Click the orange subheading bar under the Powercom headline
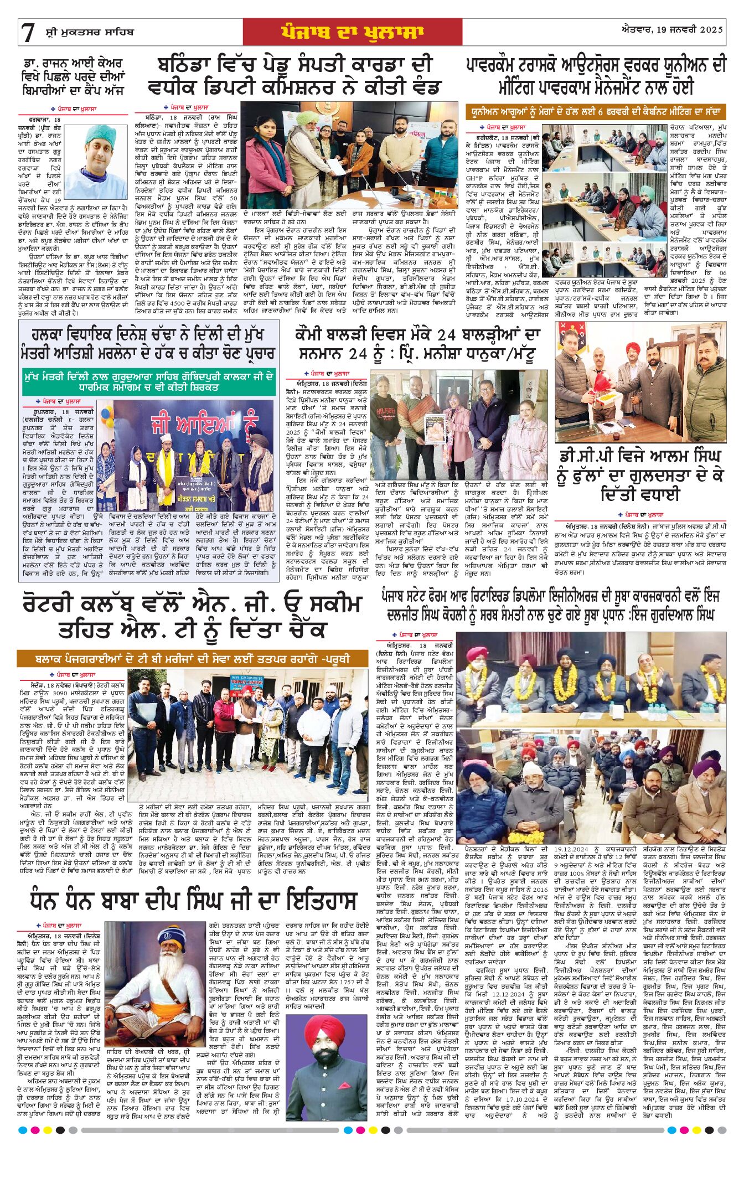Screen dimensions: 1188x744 pyautogui.click(x=595, y=111)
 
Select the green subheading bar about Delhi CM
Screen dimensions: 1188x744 pyautogui.click(x=149, y=382)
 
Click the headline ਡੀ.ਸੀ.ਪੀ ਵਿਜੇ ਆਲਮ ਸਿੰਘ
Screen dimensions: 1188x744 pyautogui.click(x=640, y=457)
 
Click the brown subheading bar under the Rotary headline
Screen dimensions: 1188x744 pyautogui.click(x=192, y=659)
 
